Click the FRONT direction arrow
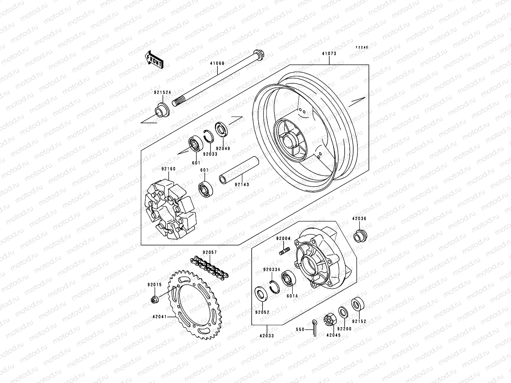(x=159, y=59)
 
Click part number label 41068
(x=217, y=63)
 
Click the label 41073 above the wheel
(x=329, y=54)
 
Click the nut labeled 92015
(x=155, y=300)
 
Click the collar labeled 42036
(x=360, y=236)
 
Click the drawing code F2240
(x=362, y=47)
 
